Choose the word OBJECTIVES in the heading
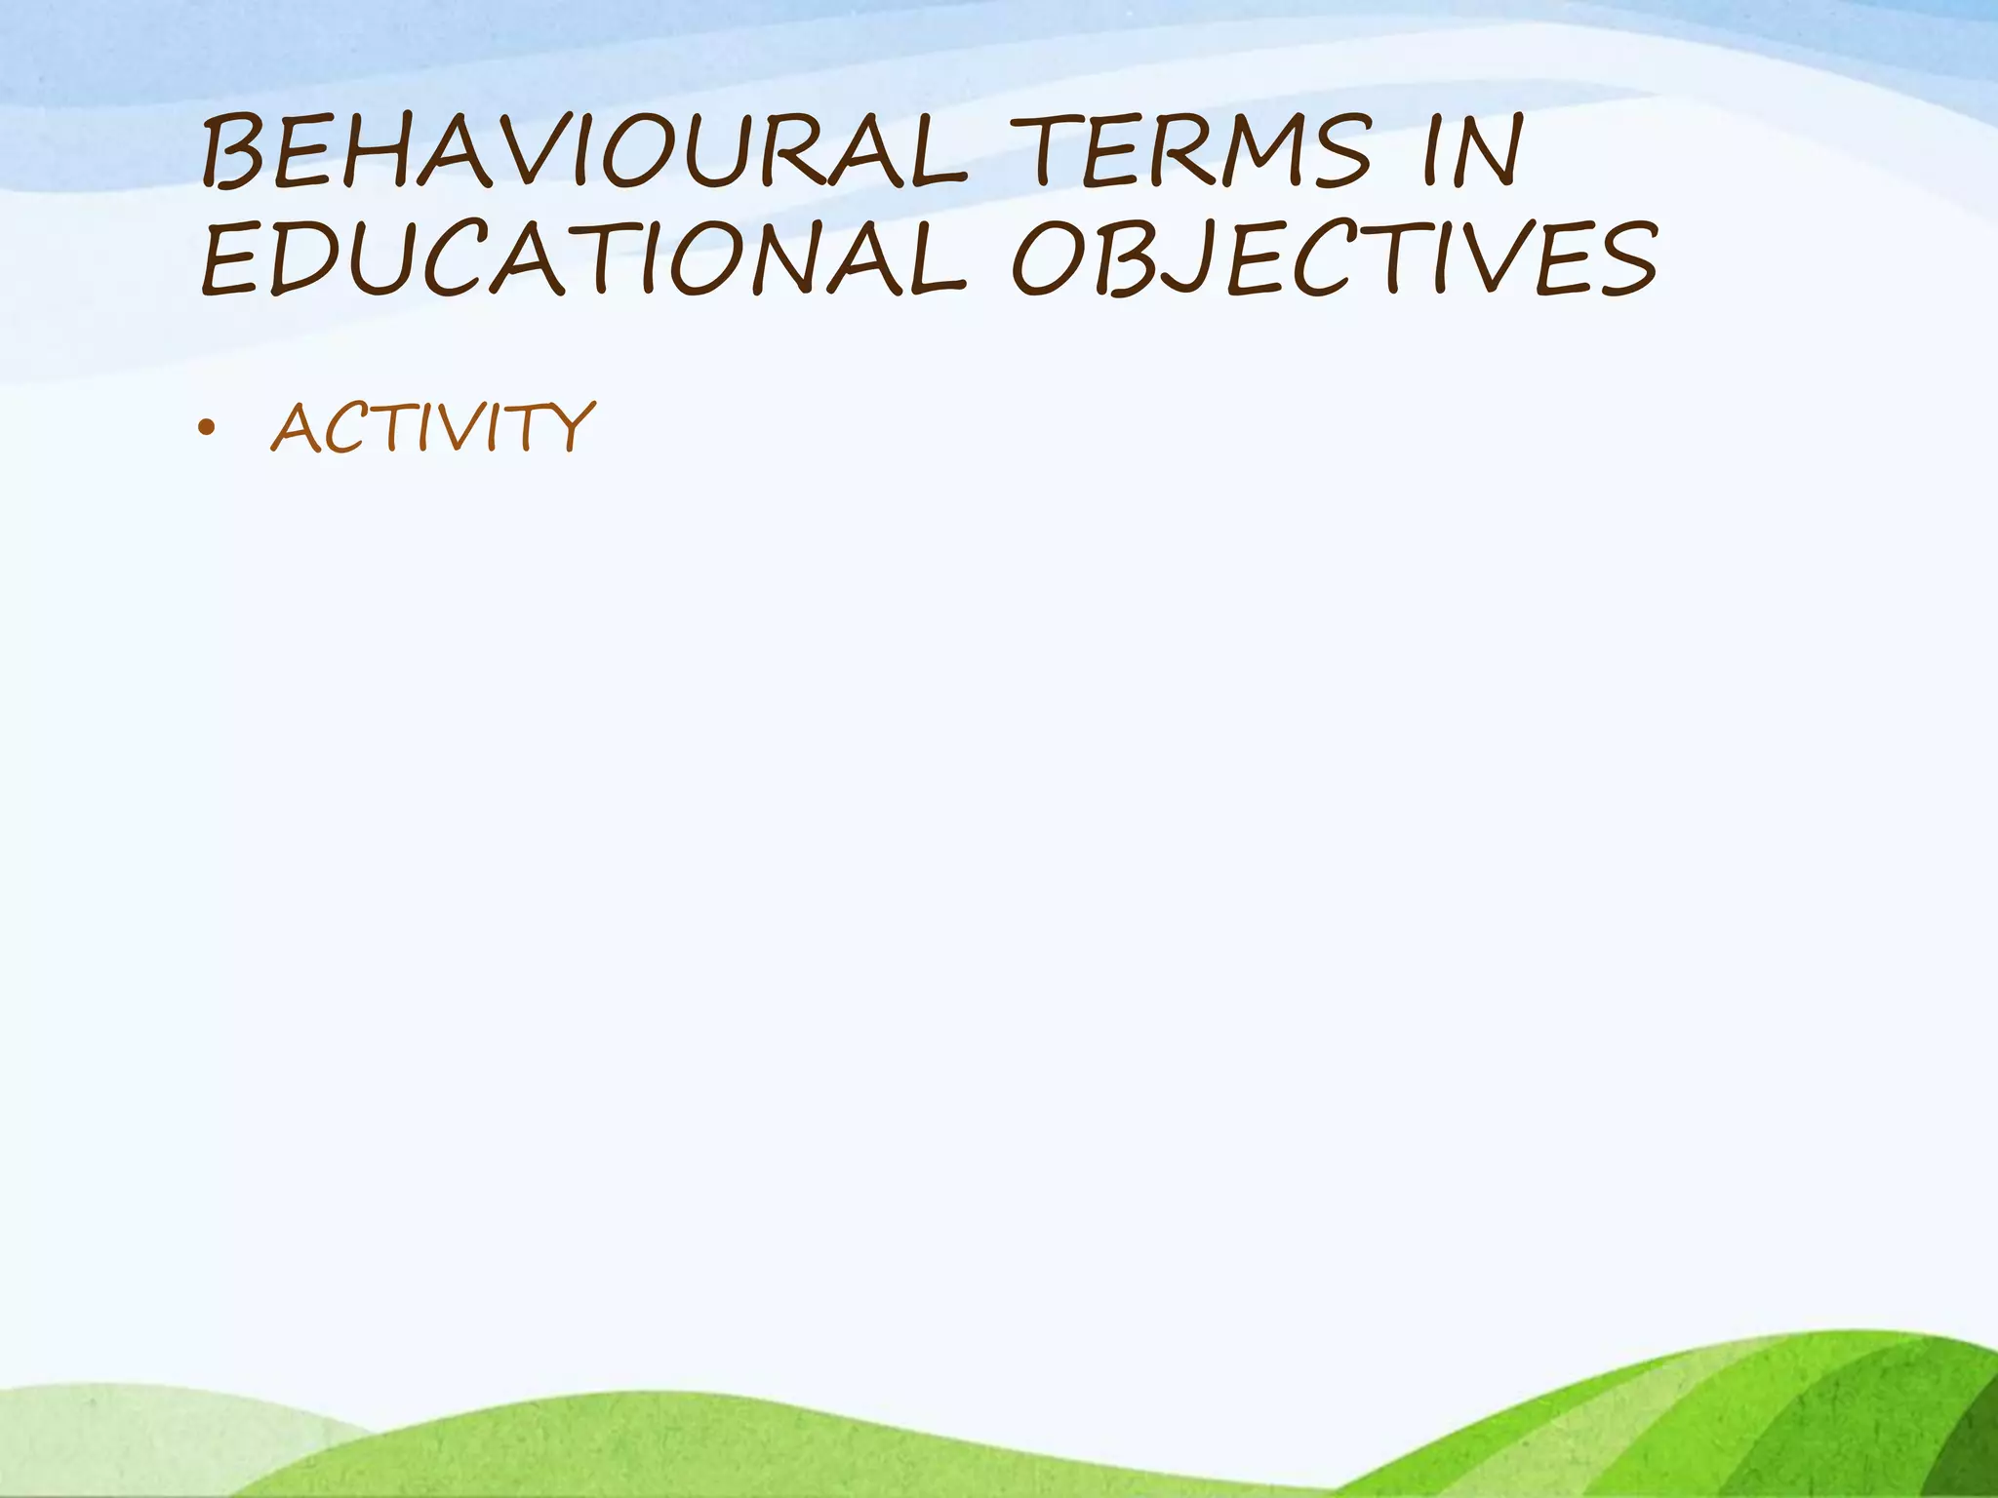pyautogui.click(x=1333, y=257)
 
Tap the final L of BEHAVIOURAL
pyautogui.click(x=937, y=151)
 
